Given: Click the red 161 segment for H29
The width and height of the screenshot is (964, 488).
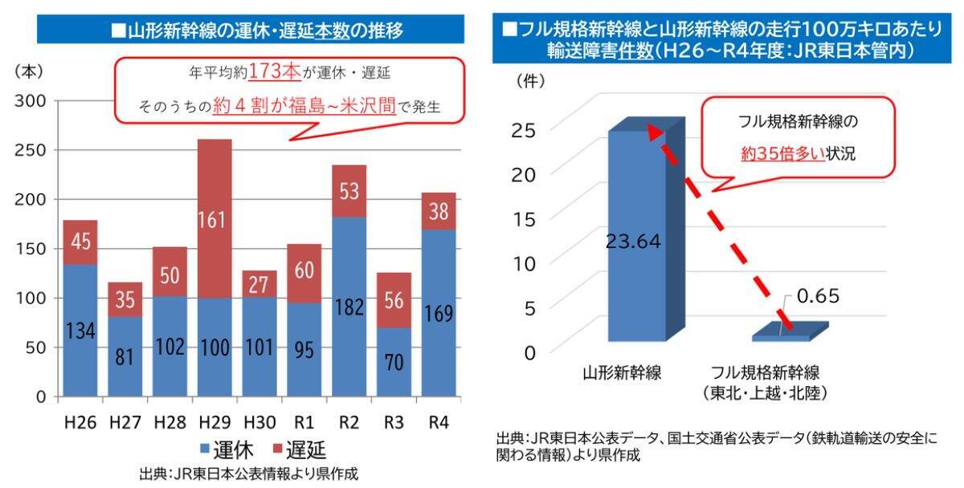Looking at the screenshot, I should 214,218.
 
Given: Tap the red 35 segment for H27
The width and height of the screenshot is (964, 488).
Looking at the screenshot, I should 125,299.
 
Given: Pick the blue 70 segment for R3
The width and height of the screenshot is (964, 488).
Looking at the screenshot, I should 394,361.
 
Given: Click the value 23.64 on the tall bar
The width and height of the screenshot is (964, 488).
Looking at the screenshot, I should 635,241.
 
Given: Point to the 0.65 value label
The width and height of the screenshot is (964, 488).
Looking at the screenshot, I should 817,297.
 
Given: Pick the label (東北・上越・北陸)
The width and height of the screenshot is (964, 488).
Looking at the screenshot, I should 765,393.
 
